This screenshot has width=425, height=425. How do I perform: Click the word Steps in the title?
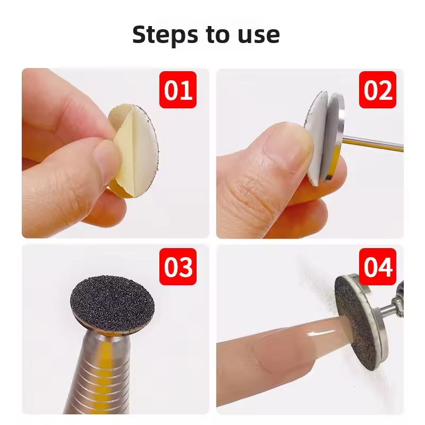point(165,35)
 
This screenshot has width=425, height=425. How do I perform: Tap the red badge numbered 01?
point(178,90)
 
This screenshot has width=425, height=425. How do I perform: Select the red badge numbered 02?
point(378,90)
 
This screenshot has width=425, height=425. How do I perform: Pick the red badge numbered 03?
point(178,267)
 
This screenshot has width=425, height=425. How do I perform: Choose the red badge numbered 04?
point(378,267)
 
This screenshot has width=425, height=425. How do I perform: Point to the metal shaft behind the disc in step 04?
point(390,309)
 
